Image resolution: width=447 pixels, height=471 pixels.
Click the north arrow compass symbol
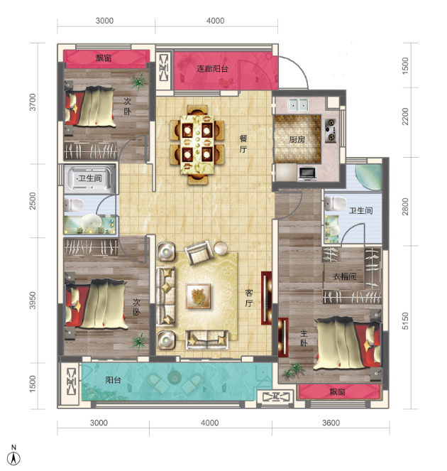click(13, 456)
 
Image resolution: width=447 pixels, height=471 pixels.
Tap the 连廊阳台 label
click(212, 69)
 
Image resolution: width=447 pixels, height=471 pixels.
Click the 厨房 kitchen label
click(297, 139)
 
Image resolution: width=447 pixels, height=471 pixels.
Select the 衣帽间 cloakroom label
click(344, 276)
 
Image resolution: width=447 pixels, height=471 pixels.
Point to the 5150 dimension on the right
click(405, 321)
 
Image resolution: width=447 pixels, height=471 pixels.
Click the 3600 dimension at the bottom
click(331, 423)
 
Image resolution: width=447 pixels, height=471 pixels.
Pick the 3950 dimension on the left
click(33, 300)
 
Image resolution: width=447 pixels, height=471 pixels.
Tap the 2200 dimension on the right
click(405, 117)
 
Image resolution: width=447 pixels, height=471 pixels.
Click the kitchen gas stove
click(331, 131)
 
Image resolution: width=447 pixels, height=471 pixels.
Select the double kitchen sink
click(298, 105)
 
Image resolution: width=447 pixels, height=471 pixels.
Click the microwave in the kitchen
click(307, 174)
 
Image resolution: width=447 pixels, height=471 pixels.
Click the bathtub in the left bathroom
click(90, 179)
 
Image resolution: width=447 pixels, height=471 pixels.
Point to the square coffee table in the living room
click(198, 296)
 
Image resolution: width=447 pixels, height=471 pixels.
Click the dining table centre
click(197, 144)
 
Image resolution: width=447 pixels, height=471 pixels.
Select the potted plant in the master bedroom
click(292, 370)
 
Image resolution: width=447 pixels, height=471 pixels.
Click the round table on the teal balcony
click(174, 377)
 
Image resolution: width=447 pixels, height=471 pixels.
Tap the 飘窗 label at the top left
click(104, 58)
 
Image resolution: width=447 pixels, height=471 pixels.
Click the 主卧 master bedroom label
click(304, 338)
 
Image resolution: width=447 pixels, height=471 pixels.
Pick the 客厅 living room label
click(249, 298)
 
